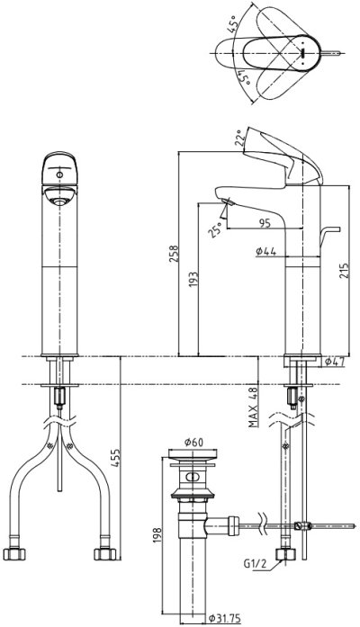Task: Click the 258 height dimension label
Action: [174, 253]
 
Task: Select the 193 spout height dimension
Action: [193, 281]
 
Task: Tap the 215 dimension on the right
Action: [345, 271]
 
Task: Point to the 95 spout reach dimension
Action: [265, 223]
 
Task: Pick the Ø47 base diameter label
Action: [335, 362]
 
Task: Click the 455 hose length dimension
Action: [115, 458]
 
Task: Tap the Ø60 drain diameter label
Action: [193, 442]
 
